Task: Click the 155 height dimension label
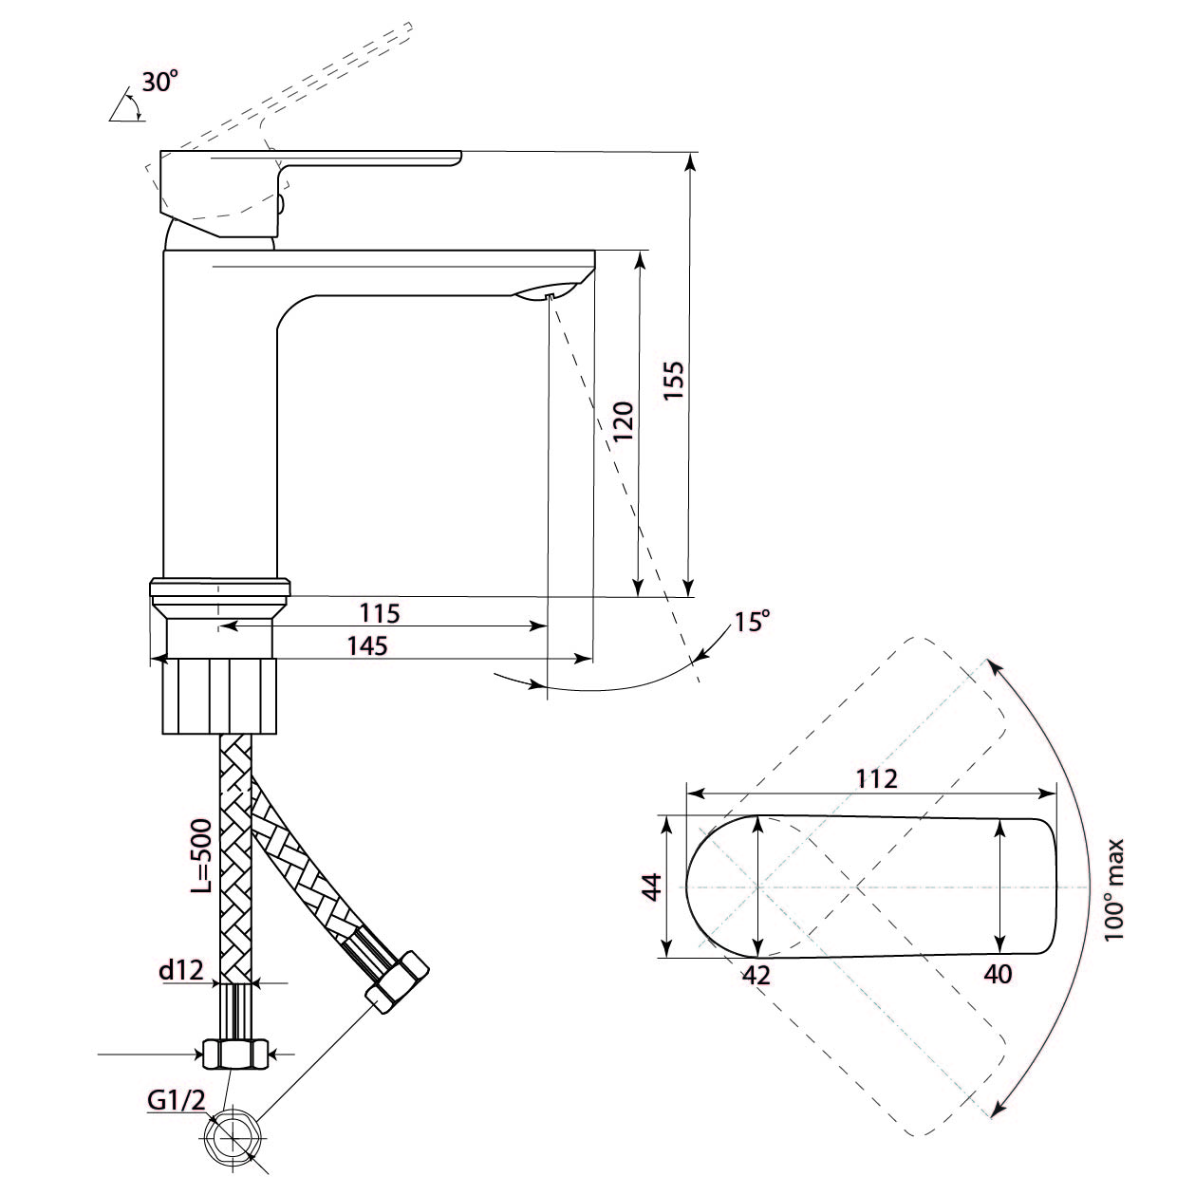(674, 380)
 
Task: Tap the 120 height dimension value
(624, 421)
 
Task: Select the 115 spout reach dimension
(381, 613)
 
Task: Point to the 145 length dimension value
(367, 645)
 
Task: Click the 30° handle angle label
(160, 82)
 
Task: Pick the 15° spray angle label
(753, 621)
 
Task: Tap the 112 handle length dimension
(876, 778)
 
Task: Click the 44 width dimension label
(652, 887)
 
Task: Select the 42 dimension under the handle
(756, 976)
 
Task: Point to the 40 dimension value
(998, 974)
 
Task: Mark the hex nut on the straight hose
(235, 1053)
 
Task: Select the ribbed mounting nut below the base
(219, 697)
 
